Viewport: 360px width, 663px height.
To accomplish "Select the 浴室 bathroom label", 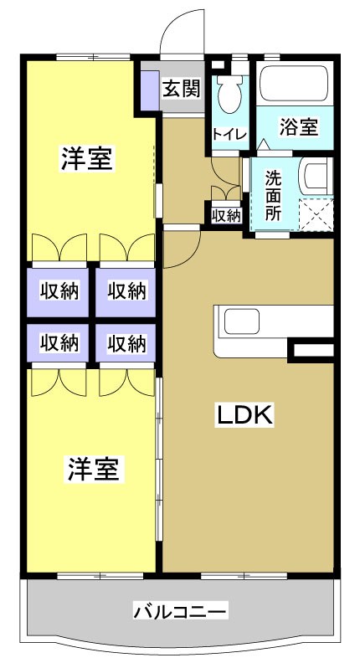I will coord(298,127).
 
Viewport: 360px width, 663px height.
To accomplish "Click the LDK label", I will coord(246,414).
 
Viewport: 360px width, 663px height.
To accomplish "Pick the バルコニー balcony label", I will coord(180,612).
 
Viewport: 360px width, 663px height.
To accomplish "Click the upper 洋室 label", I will coord(87,158).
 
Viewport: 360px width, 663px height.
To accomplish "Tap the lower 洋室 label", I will coord(93,469).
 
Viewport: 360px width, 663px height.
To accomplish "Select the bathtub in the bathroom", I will coord(294,85).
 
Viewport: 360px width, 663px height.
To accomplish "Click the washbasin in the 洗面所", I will coord(316,177).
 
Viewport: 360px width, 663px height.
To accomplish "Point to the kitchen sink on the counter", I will coord(245,322).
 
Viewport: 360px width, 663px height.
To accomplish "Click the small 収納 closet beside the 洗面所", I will coord(226,215).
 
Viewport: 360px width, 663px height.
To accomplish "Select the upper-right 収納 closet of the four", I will coord(126,290).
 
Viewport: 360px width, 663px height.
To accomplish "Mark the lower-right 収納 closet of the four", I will coord(126,342).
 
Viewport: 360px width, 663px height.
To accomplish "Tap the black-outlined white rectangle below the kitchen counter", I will coord(311,352).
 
